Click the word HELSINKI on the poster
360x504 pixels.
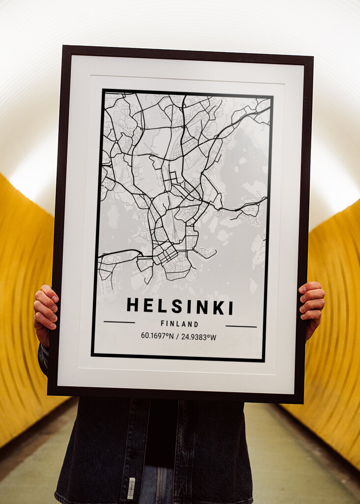(x=180, y=306)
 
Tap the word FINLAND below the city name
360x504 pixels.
(x=180, y=324)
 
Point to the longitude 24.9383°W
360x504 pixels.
(x=199, y=337)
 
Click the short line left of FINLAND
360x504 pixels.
(x=119, y=322)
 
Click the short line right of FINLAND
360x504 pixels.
(x=241, y=326)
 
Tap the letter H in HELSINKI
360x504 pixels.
(x=132, y=305)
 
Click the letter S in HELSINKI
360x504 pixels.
(x=177, y=306)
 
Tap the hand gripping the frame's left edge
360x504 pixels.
(x=45, y=312)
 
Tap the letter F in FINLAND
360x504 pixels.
(x=162, y=324)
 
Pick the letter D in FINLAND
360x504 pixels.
(x=196, y=325)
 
